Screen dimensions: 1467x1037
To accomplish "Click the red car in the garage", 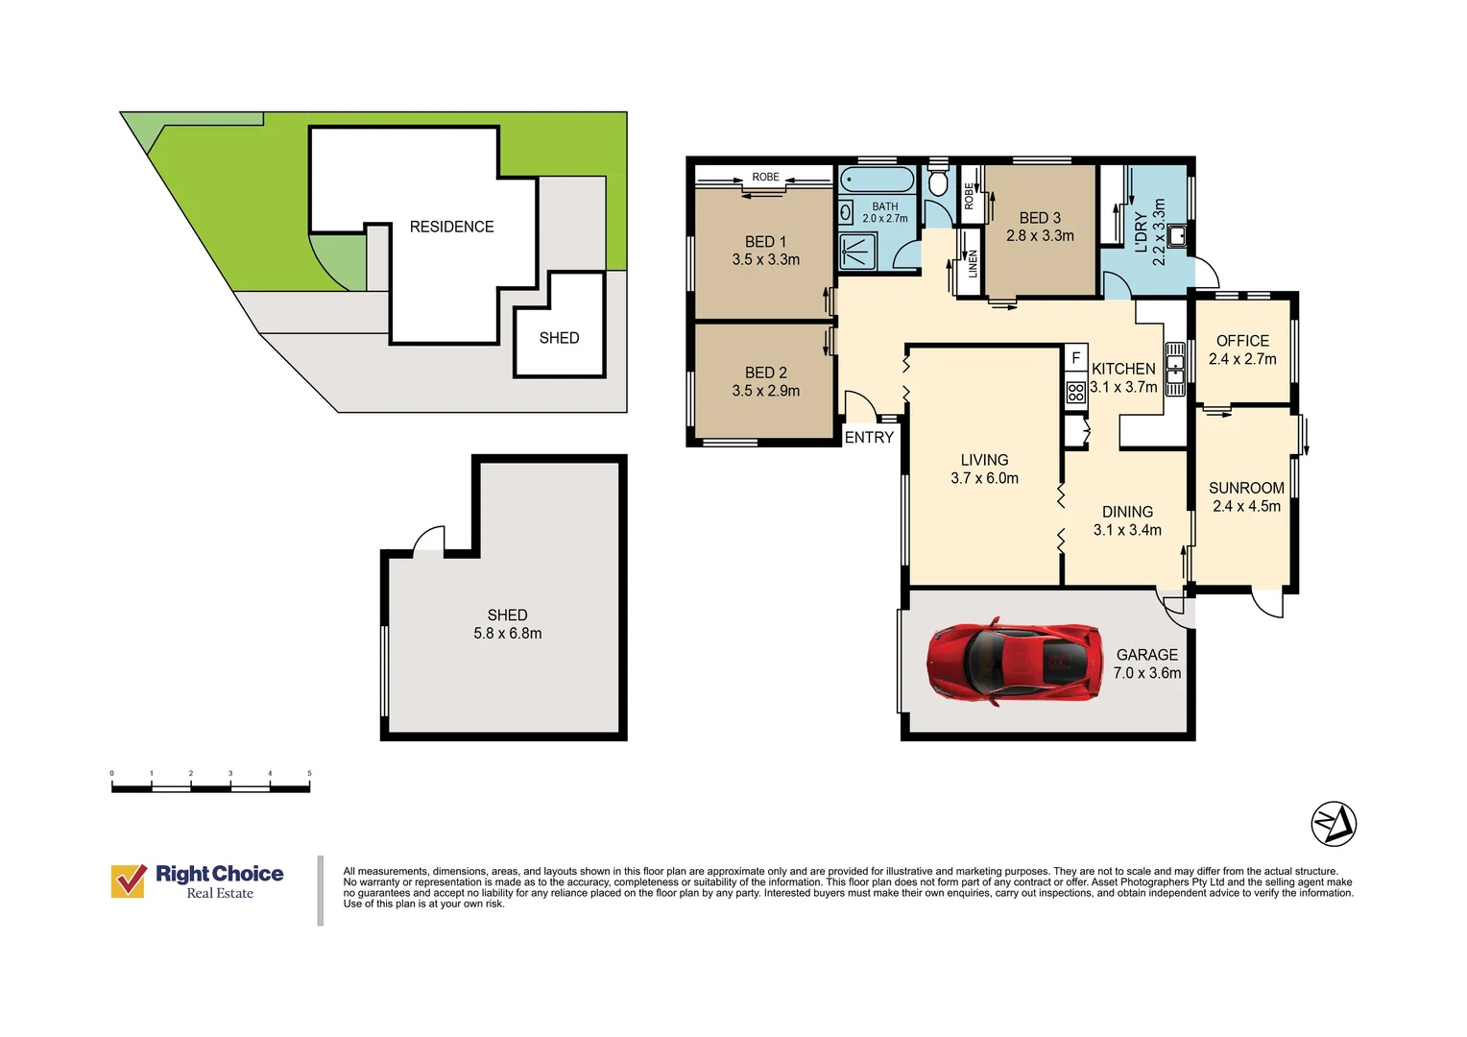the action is tap(1015, 662).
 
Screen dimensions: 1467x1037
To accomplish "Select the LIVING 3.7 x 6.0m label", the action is tap(984, 469).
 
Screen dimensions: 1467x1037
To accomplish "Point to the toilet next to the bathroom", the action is tap(938, 182).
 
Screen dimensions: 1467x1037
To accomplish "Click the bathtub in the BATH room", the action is tap(877, 179).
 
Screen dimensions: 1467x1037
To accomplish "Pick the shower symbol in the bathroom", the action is tap(857, 251).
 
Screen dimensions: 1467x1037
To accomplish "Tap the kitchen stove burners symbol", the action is tap(1075, 393).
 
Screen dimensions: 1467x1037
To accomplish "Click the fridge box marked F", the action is tap(1075, 358).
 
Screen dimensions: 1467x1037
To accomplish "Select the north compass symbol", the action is tap(1334, 824).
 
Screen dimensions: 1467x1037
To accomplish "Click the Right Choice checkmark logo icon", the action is tap(129, 880).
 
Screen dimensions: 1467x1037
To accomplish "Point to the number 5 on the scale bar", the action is tap(309, 773).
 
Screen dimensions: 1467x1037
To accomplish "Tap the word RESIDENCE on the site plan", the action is tap(451, 227).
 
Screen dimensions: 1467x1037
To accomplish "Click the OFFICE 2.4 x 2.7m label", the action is tap(1242, 350).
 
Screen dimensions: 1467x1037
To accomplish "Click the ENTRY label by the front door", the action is tap(869, 438).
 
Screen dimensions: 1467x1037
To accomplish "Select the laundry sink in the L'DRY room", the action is tap(1177, 236).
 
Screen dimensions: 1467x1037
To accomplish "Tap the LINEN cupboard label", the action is tap(973, 263).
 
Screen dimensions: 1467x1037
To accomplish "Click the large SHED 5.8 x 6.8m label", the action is tap(508, 624).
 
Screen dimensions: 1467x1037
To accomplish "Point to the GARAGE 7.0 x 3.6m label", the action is tap(1147, 663).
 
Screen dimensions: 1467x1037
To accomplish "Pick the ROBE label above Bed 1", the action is tap(765, 177).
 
